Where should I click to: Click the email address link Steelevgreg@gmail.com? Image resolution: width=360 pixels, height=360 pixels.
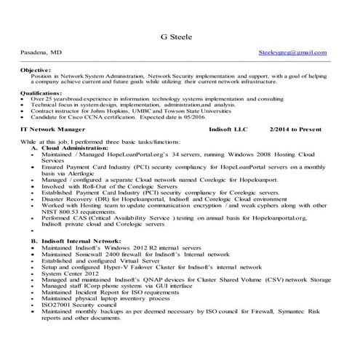pos(292,53)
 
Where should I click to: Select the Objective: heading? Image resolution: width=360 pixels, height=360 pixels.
pos(36,70)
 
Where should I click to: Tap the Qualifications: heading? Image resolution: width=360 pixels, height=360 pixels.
pos(41,93)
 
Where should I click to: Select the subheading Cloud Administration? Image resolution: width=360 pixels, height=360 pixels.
pos(81,147)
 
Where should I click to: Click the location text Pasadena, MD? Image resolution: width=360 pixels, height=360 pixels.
pos(41,53)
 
